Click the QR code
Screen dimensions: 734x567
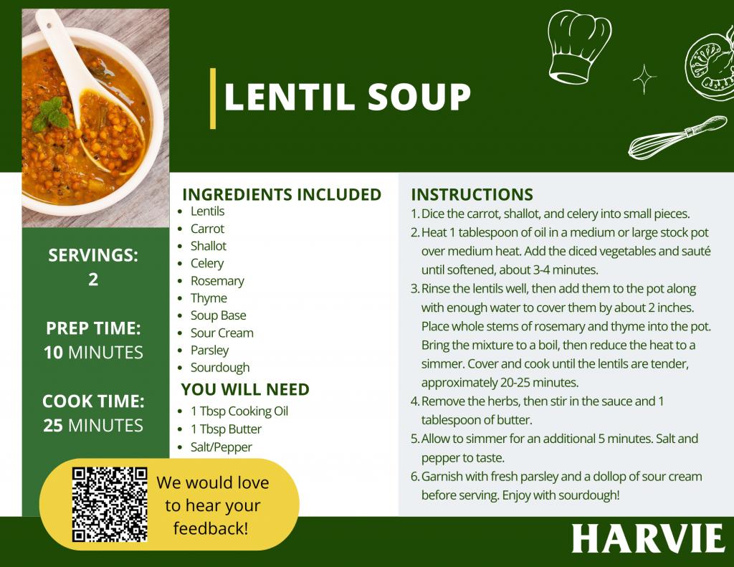[x=110, y=504]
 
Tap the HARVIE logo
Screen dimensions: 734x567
[x=649, y=538]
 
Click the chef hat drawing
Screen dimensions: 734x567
[x=579, y=47]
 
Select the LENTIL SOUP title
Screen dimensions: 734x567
[x=348, y=97]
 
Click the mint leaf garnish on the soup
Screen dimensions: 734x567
[x=51, y=115]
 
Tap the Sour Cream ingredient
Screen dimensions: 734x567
[x=222, y=333]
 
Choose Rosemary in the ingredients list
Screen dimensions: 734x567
[x=217, y=281]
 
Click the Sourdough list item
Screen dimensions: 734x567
[x=220, y=368]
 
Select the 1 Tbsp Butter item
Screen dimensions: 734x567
[x=226, y=429]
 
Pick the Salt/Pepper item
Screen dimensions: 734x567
[x=221, y=447]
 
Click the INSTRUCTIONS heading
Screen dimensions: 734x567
[x=472, y=194]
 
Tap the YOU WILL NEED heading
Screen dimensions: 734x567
[x=245, y=389]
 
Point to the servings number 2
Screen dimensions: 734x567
[x=93, y=280]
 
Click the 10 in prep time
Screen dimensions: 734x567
[x=53, y=353]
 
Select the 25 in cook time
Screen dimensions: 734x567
[x=53, y=426]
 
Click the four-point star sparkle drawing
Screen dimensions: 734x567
[x=644, y=79]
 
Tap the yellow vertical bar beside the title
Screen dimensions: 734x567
[x=213, y=98]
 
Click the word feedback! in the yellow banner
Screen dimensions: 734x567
[x=211, y=528]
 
